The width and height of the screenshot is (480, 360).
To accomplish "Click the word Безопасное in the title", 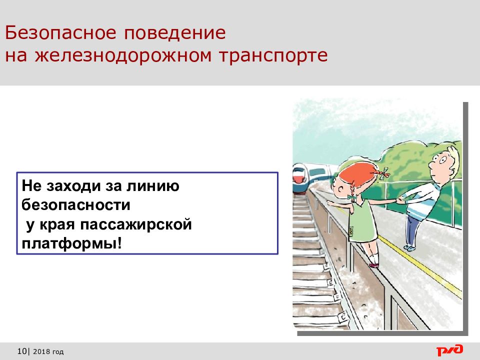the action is (x=60, y=33).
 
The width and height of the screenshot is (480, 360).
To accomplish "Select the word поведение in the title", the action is (x=175, y=33).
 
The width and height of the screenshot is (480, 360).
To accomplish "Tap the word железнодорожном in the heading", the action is (x=123, y=55).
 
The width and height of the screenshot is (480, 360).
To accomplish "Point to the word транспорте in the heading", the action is (x=273, y=55).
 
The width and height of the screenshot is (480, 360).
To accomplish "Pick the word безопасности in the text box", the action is (x=76, y=205).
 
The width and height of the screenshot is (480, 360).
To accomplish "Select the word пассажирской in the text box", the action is (x=136, y=224).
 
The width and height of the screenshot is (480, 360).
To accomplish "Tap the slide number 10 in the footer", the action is (x=22, y=351).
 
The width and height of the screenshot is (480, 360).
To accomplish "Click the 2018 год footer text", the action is (x=48, y=351).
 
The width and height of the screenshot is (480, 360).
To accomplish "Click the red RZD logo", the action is (x=449, y=350).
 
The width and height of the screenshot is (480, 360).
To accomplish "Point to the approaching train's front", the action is (x=300, y=178).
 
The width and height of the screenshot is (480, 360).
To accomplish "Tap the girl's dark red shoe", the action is (x=374, y=265).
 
